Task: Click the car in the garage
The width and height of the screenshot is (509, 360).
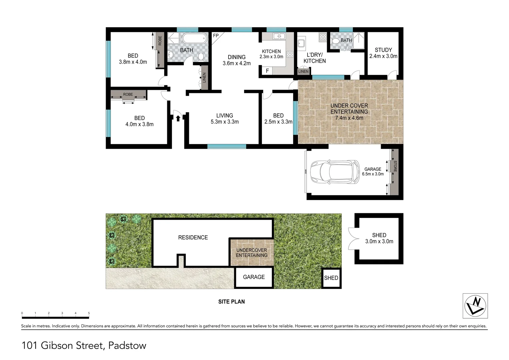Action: (x=334, y=172)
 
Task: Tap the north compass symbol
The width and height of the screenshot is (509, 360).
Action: (x=475, y=306)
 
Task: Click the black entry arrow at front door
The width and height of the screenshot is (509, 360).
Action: (x=178, y=118)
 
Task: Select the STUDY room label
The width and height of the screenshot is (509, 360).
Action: (x=383, y=50)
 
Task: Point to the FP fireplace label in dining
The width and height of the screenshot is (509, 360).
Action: (x=216, y=36)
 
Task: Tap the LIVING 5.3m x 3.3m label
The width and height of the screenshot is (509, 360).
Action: (x=225, y=119)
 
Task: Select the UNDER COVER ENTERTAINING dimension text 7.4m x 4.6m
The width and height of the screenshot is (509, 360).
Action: (x=349, y=118)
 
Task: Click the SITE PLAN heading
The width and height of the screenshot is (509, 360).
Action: (x=232, y=302)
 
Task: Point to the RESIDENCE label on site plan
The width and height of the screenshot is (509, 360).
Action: (x=193, y=237)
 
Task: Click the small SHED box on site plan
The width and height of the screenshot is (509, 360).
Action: (x=331, y=278)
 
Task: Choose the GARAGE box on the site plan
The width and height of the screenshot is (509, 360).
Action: (x=254, y=277)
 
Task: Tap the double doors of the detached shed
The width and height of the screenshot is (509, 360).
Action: (x=352, y=239)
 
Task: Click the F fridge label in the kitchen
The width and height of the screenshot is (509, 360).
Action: (x=267, y=71)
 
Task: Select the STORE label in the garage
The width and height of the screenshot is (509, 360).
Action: (x=395, y=166)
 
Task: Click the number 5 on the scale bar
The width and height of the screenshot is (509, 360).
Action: (x=89, y=313)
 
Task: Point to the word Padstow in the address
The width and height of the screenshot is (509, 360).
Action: (x=127, y=346)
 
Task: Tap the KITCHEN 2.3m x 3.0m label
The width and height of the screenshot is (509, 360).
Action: (x=271, y=54)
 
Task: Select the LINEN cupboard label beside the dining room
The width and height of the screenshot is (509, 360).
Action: (x=204, y=78)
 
